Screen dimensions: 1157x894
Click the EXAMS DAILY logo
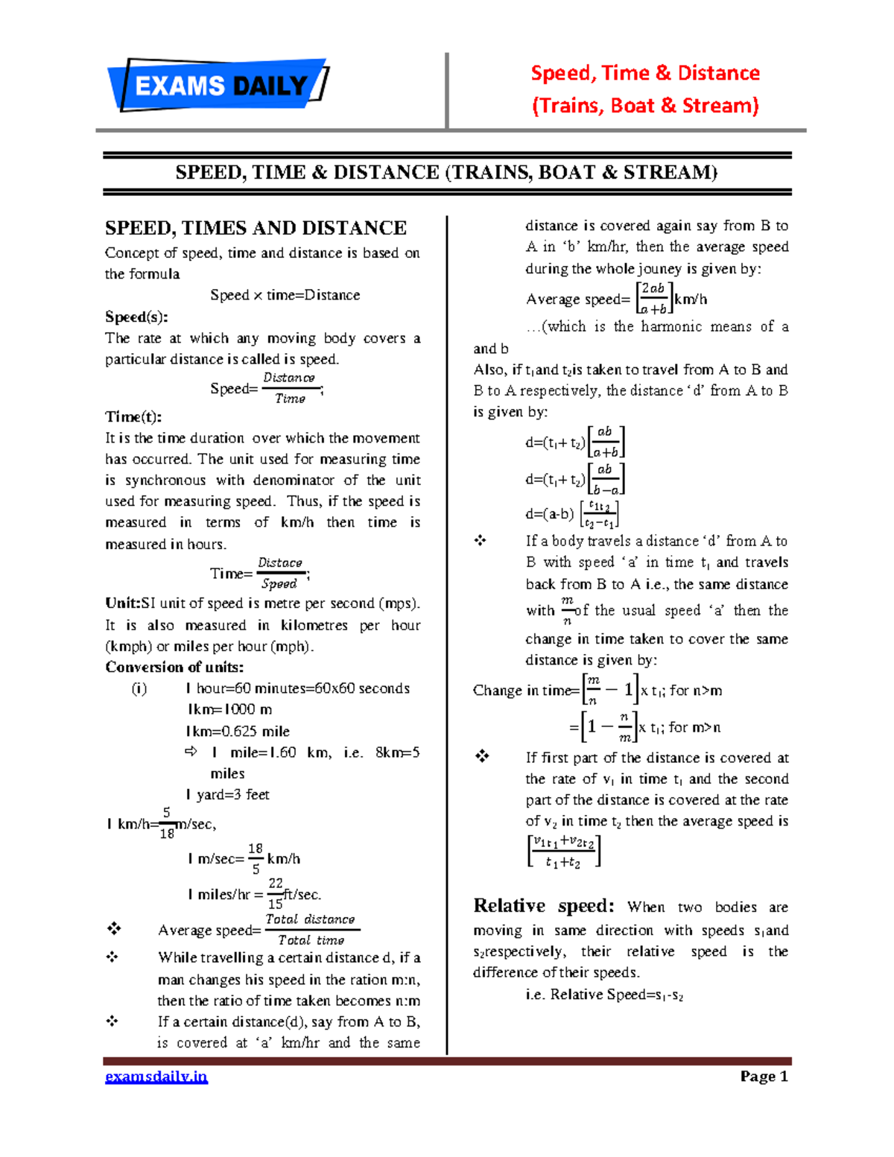[x=218, y=86]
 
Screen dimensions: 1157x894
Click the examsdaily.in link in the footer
[x=156, y=1077]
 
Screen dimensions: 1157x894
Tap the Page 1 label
[x=764, y=1077]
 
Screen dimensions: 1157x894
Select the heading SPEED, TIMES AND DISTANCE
[x=256, y=228]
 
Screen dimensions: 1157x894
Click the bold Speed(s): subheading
[x=136, y=317]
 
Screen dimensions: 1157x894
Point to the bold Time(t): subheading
[x=133, y=416]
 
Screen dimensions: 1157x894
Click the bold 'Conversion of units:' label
[x=174, y=667]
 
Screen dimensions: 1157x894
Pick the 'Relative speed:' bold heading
[x=544, y=906]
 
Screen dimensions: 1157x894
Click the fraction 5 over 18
[x=167, y=823]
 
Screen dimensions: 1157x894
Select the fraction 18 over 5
[x=256, y=858]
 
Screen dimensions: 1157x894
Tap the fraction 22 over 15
[x=276, y=893]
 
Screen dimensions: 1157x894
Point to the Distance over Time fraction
[x=290, y=388]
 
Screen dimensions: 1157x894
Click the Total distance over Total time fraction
[x=311, y=930]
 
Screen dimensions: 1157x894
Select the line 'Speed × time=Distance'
[x=285, y=295]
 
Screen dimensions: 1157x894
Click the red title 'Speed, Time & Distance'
[x=645, y=73]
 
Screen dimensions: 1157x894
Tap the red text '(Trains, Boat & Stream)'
[x=645, y=106]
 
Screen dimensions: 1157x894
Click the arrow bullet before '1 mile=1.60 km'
[x=191, y=752]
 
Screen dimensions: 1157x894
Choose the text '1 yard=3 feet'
[x=227, y=795]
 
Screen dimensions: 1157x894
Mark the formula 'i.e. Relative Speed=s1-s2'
[x=604, y=995]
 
